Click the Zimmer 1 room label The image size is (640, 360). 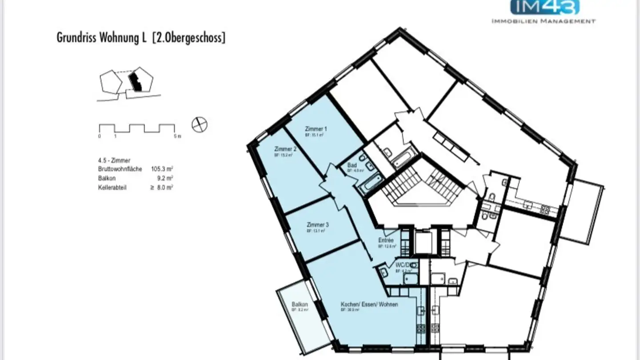pyautogui.click(x=313, y=128)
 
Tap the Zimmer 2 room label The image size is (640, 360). pyautogui.click(x=285, y=149)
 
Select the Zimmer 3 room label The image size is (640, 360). pyautogui.click(x=317, y=224)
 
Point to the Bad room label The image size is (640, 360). pyautogui.click(x=352, y=165)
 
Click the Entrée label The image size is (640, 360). pyautogui.click(x=386, y=240)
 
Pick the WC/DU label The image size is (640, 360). pyautogui.click(x=403, y=265)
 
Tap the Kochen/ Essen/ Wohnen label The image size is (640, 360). pyautogui.click(x=369, y=304)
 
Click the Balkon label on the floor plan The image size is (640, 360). pyautogui.click(x=300, y=304)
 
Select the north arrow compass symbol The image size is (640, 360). pyautogui.click(x=200, y=124)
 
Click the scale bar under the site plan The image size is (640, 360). pyautogui.click(x=136, y=128)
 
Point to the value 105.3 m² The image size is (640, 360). pyautogui.click(x=162, y=169)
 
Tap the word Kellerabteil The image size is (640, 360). pyautogui.click(x=112, y=188)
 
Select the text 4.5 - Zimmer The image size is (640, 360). pyautogui.click(x=114, y=160)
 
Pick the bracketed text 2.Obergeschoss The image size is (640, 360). pyautogui.click(x=188, y=38)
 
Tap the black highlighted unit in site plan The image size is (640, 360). pyautogui.click(x=134, y=82)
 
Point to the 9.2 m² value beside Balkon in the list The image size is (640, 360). pyautogui.click(x=165, y=178)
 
